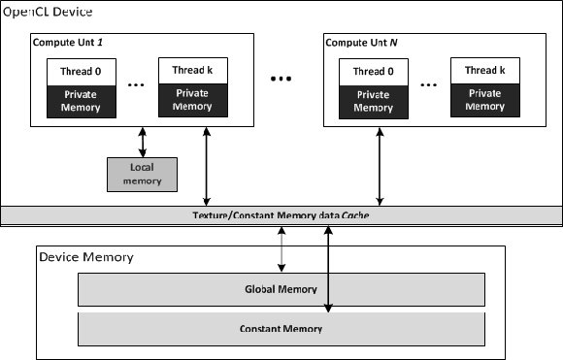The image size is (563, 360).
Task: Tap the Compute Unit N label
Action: tap(365, 43)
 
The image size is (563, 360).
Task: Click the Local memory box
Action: tap(142, 174)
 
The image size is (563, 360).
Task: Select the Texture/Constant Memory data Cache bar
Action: tap(281, 215)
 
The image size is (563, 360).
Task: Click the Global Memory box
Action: tap(281, 288)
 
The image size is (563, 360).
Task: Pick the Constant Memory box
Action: tap(281, 329)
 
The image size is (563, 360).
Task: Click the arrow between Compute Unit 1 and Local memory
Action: tap(143, 142)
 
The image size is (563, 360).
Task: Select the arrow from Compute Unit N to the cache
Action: tap(379, 166)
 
